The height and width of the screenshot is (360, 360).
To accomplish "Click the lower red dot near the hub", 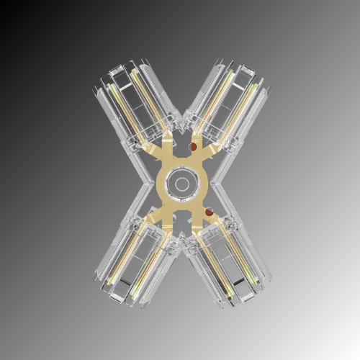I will point(208,213).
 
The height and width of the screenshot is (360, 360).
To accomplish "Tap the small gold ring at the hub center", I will point(180,180).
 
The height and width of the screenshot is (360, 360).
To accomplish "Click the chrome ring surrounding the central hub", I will point(180,167).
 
